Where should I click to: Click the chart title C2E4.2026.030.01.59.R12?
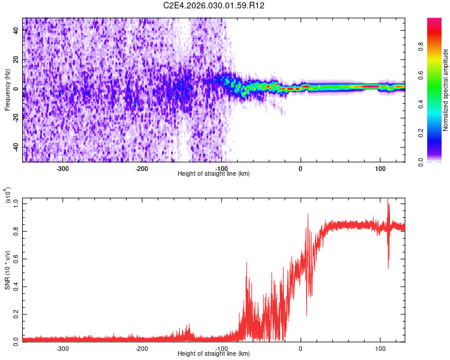click(x=214, y=5)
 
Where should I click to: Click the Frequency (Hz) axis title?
click(x=7, y=89)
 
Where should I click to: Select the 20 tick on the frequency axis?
click(x=16, y=59)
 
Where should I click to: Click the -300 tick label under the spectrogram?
click(x=62, y=168)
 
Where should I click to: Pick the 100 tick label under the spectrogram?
click(x=380, y=168)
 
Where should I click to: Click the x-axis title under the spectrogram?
click(x=214, y=174)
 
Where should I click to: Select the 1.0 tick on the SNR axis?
click(x=15, y=203)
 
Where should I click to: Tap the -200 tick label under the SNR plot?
click(x=142, y=348)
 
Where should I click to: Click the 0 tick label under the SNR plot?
click(x=301, y=348)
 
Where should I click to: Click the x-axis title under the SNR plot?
click(x=214, y=354)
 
